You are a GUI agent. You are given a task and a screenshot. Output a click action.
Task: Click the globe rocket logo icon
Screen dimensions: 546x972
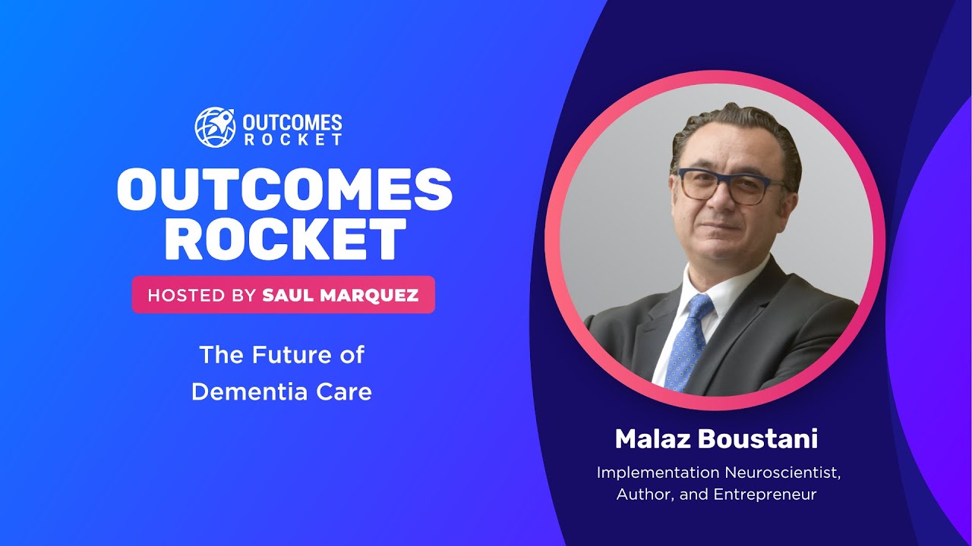(215, 127)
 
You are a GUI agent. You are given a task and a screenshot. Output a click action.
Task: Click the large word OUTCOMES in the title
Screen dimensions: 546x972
(284, 190)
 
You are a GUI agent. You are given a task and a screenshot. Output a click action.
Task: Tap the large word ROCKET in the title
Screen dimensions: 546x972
(284, 240)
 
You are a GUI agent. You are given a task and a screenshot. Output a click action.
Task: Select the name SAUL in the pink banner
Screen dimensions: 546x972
(286, 295)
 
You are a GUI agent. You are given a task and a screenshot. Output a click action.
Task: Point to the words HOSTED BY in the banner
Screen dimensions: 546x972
(201, 295)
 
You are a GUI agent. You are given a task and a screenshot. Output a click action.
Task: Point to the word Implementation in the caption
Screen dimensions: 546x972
(658, 473)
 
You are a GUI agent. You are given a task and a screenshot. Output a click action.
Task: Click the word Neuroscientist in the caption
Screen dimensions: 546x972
(782, 473)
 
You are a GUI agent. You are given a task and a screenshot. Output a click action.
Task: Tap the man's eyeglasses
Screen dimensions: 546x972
(725, 186)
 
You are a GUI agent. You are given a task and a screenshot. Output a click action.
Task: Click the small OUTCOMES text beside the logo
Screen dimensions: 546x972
(292, 122)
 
